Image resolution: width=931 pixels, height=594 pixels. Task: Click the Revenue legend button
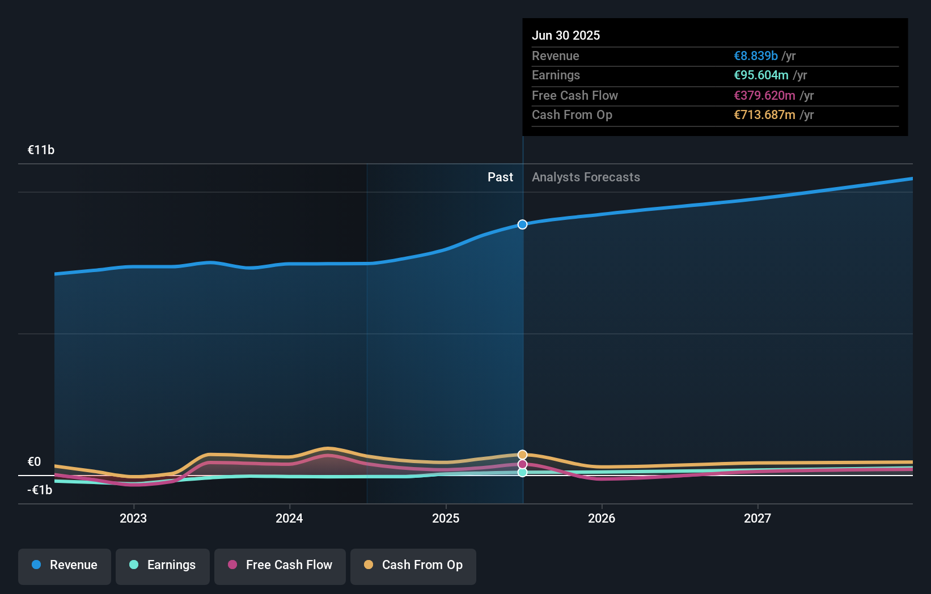[65, 565]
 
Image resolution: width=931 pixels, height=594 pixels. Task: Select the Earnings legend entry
[163, 565]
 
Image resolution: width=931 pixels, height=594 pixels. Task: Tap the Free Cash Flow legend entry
[280, 565]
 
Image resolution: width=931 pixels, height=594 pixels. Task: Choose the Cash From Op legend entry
[413, 565]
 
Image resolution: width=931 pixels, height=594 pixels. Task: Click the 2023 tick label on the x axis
[133, 519]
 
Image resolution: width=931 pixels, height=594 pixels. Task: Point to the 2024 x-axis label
[289, 519]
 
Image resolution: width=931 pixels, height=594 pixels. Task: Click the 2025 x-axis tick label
[446, 519]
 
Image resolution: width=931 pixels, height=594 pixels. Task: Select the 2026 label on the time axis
[602, 519]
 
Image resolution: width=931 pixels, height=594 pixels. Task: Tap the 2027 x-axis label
[758, 519]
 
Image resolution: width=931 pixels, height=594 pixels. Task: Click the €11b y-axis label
[41, 150]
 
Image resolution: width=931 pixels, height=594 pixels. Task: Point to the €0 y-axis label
[35, 462]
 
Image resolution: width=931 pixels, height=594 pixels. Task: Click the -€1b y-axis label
[40, 490]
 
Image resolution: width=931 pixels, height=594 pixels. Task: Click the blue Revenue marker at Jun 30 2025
[522, 224]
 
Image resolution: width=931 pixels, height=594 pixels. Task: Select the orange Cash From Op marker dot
[522, 455]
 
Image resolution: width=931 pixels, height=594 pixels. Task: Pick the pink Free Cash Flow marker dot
[522, 464]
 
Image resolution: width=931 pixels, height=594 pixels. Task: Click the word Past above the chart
[500, 177]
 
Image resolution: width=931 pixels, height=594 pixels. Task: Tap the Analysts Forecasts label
[586, 177]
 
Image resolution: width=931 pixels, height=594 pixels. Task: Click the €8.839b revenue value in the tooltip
[755, 56]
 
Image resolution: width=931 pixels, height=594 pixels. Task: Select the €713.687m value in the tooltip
[764, 115]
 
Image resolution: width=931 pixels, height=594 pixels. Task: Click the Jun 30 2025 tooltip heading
[566, 36]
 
